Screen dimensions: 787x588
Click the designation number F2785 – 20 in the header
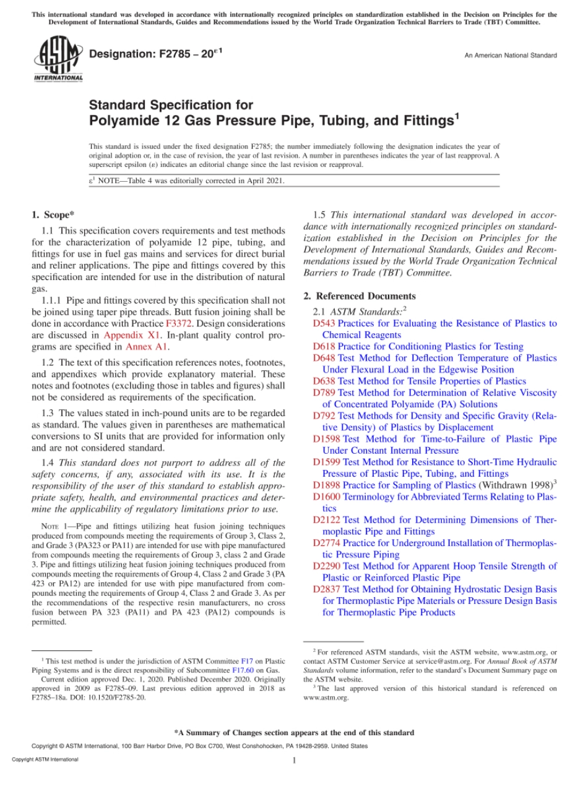(x=156, y=54)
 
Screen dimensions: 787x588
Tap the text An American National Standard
(x=511, y=55)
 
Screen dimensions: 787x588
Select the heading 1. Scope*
(x=53, y=215)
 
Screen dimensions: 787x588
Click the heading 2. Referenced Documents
(x=360, y=296)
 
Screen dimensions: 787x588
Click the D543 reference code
(x=324, y=323)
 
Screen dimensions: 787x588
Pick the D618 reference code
(x=324, y=346)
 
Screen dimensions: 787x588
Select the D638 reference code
(x=324, y=381)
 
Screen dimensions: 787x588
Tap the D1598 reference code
(x=327, y=439)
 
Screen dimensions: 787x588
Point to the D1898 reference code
(x=327, y=485)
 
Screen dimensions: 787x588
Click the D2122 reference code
(x=327, y=520)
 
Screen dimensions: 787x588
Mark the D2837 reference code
(x=327, y=589)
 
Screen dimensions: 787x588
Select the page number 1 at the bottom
(x=295, y=760)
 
